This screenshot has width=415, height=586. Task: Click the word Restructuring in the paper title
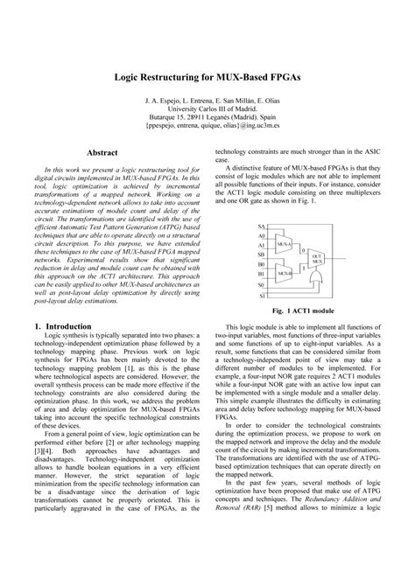point(184,78)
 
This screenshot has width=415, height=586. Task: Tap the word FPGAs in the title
point(280,78)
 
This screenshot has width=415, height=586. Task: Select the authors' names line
point(207,100)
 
